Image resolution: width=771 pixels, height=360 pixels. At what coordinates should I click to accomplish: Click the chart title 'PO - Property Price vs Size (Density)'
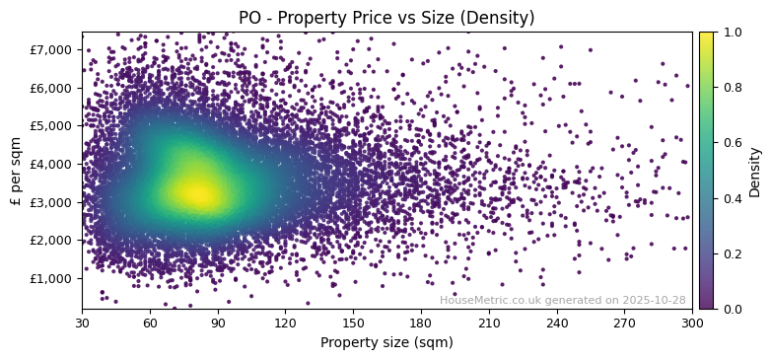386,18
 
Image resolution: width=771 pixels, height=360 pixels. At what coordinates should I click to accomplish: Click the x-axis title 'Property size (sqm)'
386,343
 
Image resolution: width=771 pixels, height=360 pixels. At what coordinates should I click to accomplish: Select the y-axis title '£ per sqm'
16,170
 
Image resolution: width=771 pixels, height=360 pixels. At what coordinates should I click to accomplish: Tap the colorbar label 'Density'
755,172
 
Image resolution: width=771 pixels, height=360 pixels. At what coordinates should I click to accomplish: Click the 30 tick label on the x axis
82,323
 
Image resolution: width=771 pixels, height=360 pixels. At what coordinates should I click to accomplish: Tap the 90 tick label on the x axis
218,323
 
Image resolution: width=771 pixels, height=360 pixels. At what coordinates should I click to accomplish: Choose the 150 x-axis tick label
353,323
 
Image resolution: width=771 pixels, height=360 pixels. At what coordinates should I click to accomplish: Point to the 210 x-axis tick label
489,323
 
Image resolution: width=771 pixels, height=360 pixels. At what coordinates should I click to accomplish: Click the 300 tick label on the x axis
692,323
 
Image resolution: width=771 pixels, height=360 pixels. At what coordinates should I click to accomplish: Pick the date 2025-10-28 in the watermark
656,300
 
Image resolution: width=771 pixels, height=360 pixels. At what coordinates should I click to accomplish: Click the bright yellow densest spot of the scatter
197,193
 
